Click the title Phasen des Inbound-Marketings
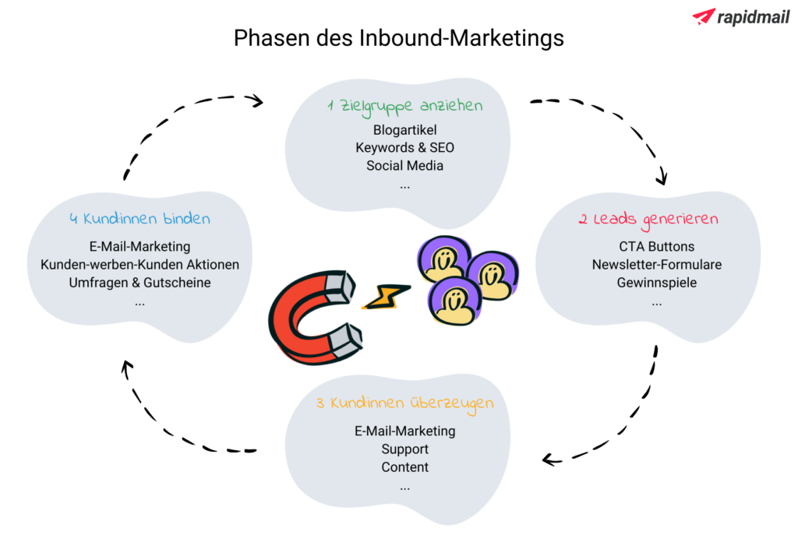tap(398, 37)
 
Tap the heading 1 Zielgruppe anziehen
tap(404, 106)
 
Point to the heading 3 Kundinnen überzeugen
tap(404, 403)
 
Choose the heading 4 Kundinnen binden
tap(139, 219)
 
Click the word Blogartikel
tap(404, 129)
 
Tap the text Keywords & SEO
tap(404, 147)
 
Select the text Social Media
tap(404, 165)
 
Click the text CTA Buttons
tap(656, 247)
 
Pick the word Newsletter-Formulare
tap(656, 265)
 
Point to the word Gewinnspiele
tap(656, 283)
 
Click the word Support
tap(404, 449)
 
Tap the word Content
tap(404, 467)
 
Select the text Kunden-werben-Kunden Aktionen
tap(139, 265)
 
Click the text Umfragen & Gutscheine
tap(139, 283)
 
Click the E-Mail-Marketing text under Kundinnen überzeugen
tap(404, 431)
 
